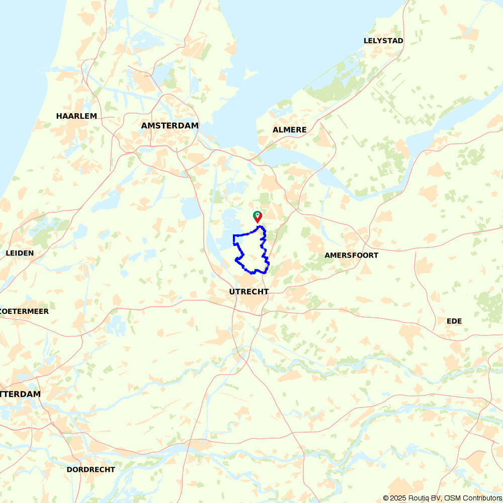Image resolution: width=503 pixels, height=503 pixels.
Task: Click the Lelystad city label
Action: coord(383,41)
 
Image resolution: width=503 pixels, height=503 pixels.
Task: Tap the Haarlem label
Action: coord(76,116)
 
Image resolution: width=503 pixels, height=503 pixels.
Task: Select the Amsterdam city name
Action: coord(170,126)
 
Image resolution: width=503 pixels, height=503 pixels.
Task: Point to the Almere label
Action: coord(289,130)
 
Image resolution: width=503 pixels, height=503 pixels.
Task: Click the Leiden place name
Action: coord(20,253)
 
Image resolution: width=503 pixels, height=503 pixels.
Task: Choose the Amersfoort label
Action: coord(351,256)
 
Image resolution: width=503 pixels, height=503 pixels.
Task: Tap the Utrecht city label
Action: coord(248,292)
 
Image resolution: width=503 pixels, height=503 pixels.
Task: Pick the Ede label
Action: coord(454,321)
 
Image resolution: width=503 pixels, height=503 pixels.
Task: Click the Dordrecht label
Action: coord(91,470)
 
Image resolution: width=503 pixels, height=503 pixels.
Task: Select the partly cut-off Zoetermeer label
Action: coord(24,311)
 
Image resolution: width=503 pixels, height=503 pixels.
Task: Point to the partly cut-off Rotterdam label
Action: coord(20,394)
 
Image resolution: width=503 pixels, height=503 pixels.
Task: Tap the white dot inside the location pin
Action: coord(258,215)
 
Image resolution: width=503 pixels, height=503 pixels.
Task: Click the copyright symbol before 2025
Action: coord(386,498)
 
